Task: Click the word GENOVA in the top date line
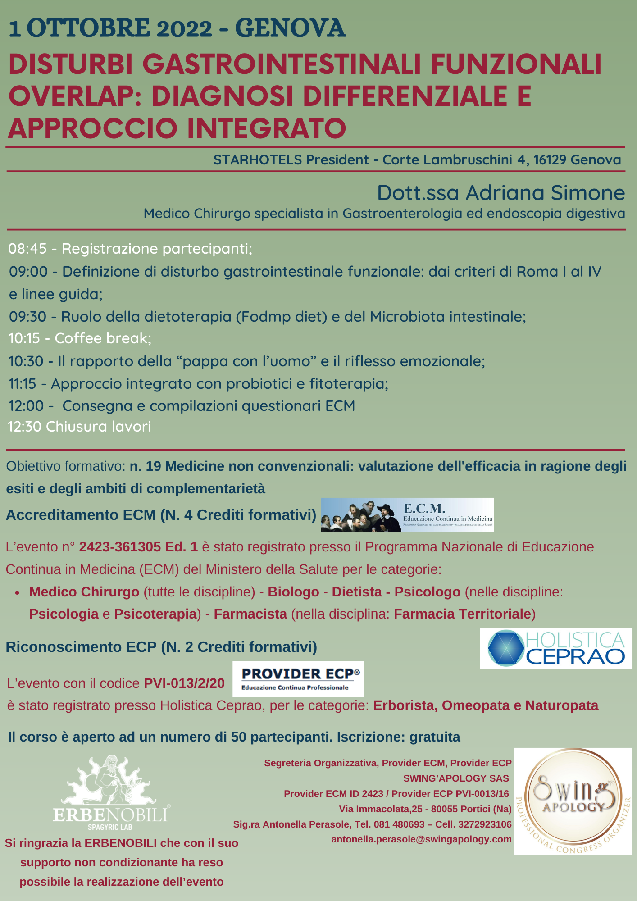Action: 290,28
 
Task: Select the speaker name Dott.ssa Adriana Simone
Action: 500,193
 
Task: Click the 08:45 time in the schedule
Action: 27,249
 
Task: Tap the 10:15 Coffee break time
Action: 24,338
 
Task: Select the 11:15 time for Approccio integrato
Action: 22,384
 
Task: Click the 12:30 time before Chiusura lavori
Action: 25,427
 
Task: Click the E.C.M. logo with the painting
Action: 407,515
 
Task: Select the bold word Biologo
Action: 293,592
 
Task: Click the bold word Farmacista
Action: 250,614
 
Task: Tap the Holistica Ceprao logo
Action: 556,648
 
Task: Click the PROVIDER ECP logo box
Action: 298,679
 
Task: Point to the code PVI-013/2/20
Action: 184,683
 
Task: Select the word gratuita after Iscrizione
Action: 435,737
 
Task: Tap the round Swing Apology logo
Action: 573,801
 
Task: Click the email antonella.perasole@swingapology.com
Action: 421,839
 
